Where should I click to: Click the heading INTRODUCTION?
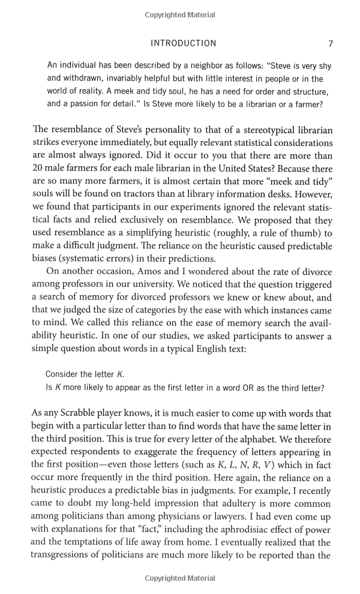[183, 43]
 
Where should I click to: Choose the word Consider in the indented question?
[64, 374]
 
